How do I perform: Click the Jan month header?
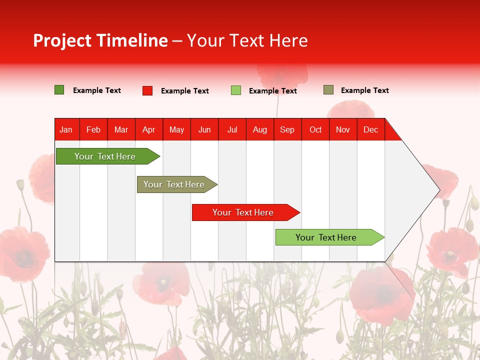[x=66, y=129]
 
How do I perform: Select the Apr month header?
[x=149, y=129]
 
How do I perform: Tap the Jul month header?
[x=232, y=129]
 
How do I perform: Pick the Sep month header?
[x=287, y=129]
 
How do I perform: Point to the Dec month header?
[x=371, y=129]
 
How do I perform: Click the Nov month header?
[x=343, y=129]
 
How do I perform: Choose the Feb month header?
[x=93, y=129]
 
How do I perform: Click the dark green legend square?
[x=59, y=90]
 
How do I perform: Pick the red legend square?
[x=147, y=90]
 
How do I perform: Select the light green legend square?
[x=236, y=90]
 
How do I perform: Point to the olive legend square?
[x=328, y=90]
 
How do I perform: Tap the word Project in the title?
[x=62, y=40]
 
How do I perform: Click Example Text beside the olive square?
[x=365, y=90]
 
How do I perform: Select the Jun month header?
[x=204, y=129]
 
